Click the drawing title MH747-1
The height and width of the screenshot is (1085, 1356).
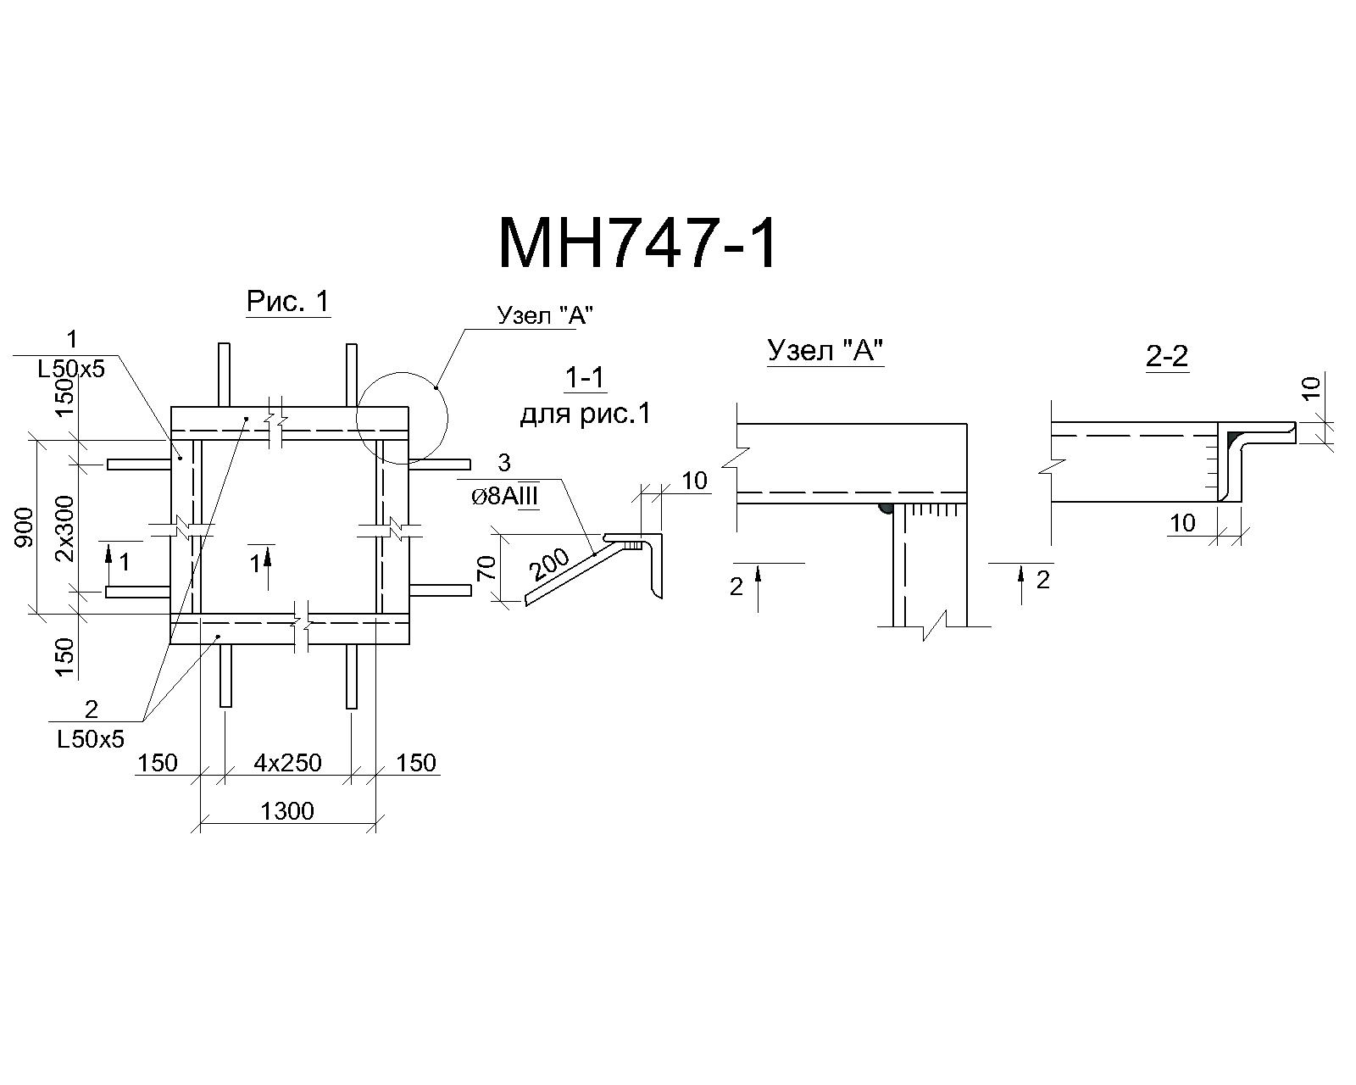pos(637,244)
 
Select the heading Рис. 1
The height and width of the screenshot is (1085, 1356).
pos(288,302)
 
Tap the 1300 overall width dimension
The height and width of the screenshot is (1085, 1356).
pos(287,810)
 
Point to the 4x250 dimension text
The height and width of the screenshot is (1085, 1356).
pos(287,763)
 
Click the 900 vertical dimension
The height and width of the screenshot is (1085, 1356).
pos(24,527)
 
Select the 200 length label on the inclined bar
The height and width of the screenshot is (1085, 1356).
pos(549,565)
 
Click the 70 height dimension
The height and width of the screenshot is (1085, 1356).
pos(487,567)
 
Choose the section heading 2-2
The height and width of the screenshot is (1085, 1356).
pos(1167,358)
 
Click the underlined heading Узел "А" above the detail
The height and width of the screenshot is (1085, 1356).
pos(825,351)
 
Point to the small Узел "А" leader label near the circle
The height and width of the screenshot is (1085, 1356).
pos(546,314)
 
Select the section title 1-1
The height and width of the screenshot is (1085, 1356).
pos(585,378)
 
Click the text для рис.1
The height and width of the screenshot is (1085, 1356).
pos(585,415)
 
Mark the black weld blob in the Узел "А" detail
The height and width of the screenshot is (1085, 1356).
pos(886,508)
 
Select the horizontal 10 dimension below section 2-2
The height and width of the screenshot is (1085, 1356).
pos(1183,523)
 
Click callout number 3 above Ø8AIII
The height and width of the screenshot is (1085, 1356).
pos(504,463)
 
